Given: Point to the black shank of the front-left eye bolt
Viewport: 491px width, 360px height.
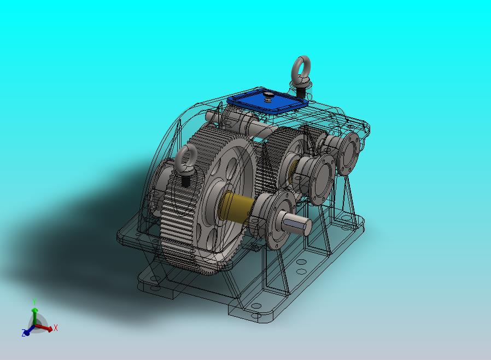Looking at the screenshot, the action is tap(186, 181).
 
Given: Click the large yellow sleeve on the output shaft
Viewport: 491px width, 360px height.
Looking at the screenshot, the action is tap(236, 206).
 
